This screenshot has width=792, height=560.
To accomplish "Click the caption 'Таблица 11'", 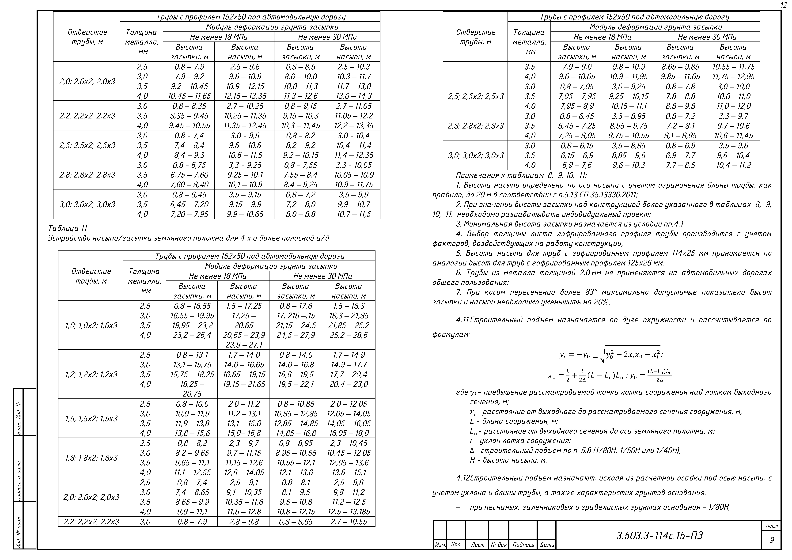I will tap(68, 228).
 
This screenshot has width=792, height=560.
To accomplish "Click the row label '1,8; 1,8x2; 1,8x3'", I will tap(91, 458).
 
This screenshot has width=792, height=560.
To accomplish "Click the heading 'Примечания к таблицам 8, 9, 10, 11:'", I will tap(521, 175).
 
